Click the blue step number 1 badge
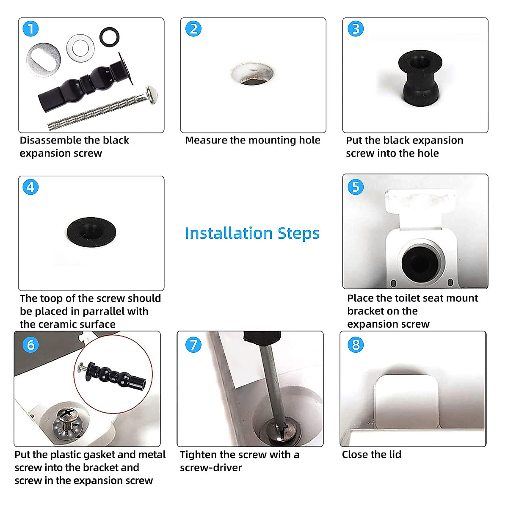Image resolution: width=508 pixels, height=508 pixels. tap(30, 29)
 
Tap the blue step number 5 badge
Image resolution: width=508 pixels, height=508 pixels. tap(356, 187)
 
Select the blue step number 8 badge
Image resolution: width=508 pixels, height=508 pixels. tap(356, 345)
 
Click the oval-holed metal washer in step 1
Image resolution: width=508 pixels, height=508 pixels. tap(44, 60)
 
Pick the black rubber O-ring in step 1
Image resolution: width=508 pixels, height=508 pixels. tap(109, 37)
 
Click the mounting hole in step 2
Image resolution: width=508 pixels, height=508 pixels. tap(252, 74)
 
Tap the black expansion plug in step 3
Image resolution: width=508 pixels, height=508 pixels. tap(420, 78)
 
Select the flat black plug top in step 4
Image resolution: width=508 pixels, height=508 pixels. tap(91, 232)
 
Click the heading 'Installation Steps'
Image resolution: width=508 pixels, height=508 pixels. tap(252, 233)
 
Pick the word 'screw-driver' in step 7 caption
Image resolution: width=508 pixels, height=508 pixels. tap(211, 467)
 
